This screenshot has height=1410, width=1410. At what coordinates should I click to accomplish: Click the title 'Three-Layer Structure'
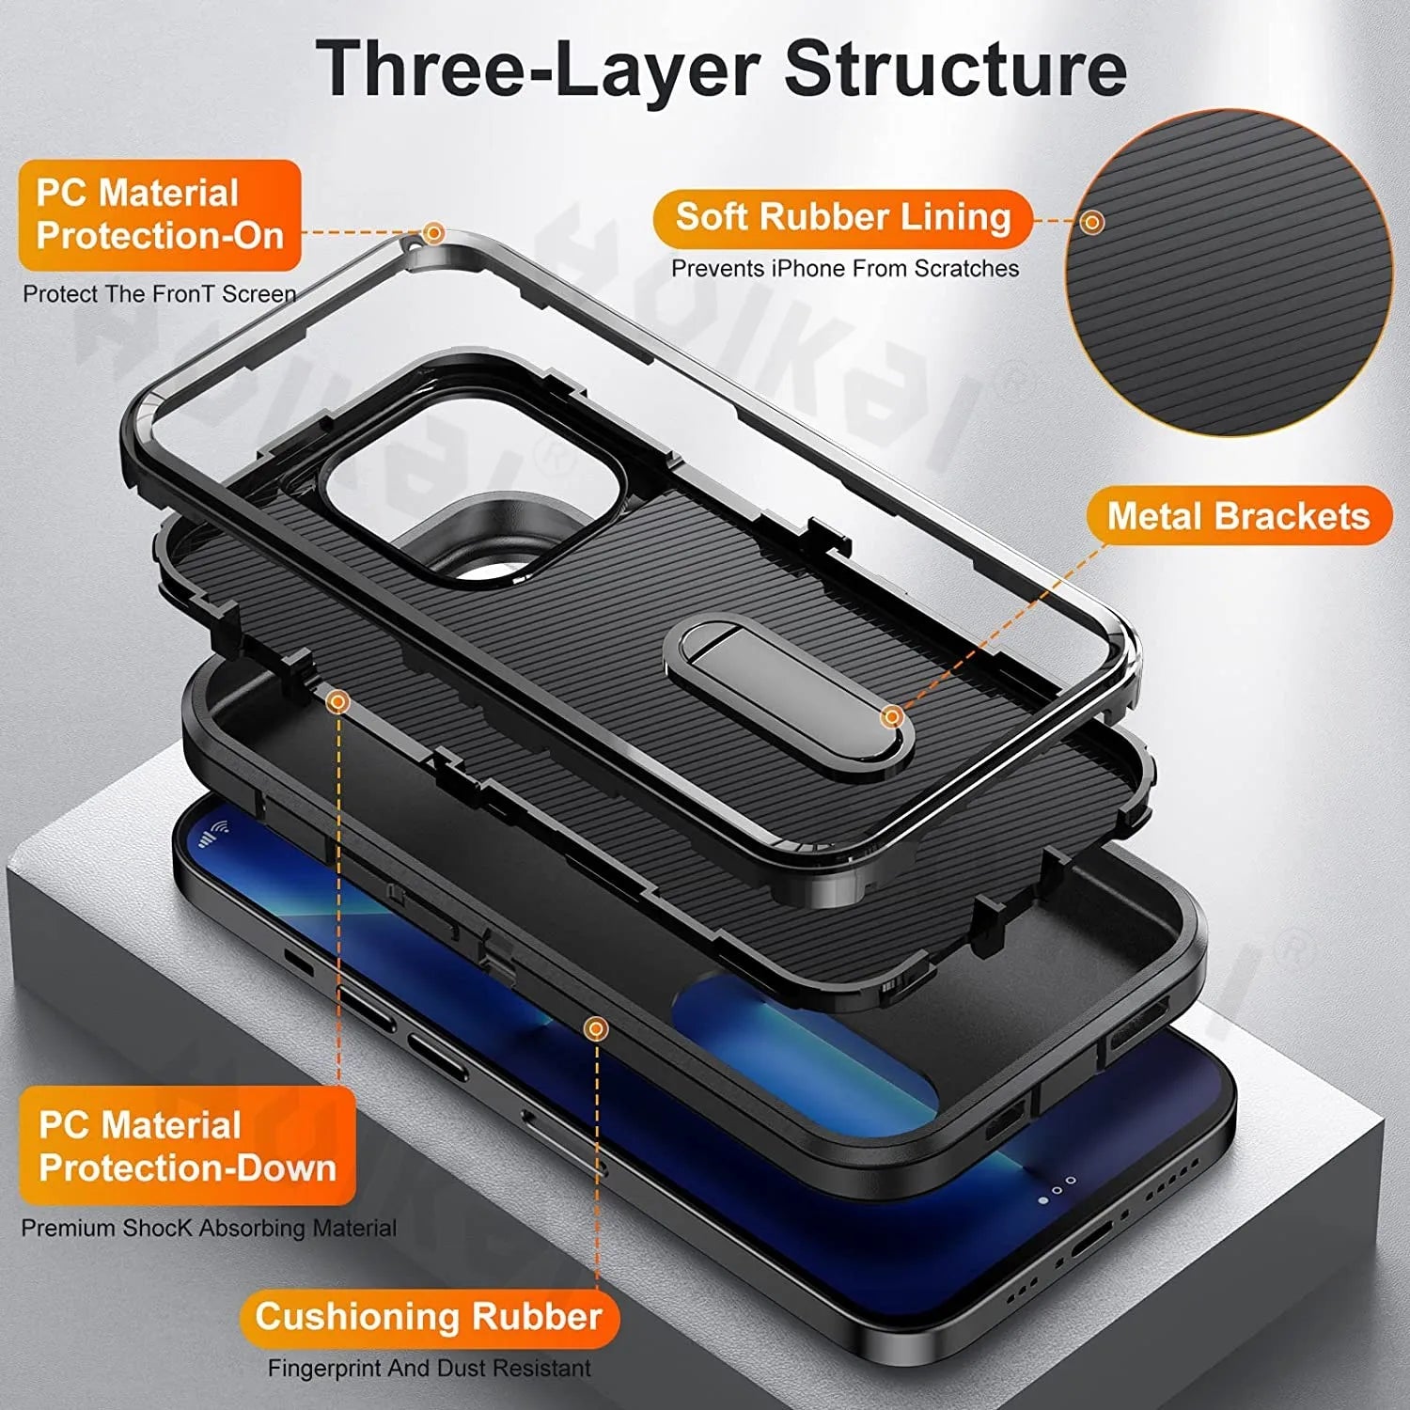721,69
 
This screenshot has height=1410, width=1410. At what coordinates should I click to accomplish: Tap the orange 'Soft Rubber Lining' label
842,217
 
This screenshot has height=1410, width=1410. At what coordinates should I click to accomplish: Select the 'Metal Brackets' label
1238,516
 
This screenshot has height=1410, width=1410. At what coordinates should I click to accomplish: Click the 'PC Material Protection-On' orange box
160,214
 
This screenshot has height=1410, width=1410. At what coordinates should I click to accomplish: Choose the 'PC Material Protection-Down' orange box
187,1146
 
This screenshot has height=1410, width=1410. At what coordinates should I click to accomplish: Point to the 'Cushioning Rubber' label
429,1316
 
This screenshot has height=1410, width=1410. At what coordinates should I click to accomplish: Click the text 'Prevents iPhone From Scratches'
844,269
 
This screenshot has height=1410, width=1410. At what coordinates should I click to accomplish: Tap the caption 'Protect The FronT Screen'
159,294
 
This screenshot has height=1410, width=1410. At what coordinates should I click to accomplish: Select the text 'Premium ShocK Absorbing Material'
209,1228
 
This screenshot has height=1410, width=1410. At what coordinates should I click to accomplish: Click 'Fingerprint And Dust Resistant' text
430,1368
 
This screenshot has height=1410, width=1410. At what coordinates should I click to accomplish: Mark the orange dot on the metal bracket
892,717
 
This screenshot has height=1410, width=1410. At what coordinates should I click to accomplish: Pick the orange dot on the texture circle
1092,223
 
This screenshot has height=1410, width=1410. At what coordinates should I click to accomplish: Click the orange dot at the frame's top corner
433,232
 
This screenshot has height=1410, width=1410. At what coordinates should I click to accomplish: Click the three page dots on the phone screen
1057,1191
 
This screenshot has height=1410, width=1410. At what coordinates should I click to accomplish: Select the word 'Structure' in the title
955,69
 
